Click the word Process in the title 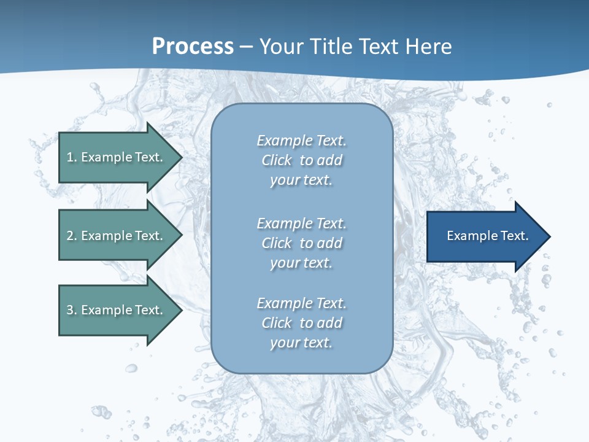coord(193,47)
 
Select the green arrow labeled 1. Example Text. coord(117,157)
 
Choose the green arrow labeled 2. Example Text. coord(117,236)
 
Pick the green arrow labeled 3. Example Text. coord(117,310)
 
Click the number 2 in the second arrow coord(71,236)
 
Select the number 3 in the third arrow coord(71,310)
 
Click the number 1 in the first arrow coord(71,157)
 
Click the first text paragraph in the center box coord(301,160)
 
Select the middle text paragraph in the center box coord(301,243)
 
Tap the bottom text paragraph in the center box coord(301,323)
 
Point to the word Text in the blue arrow coord(514,236)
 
